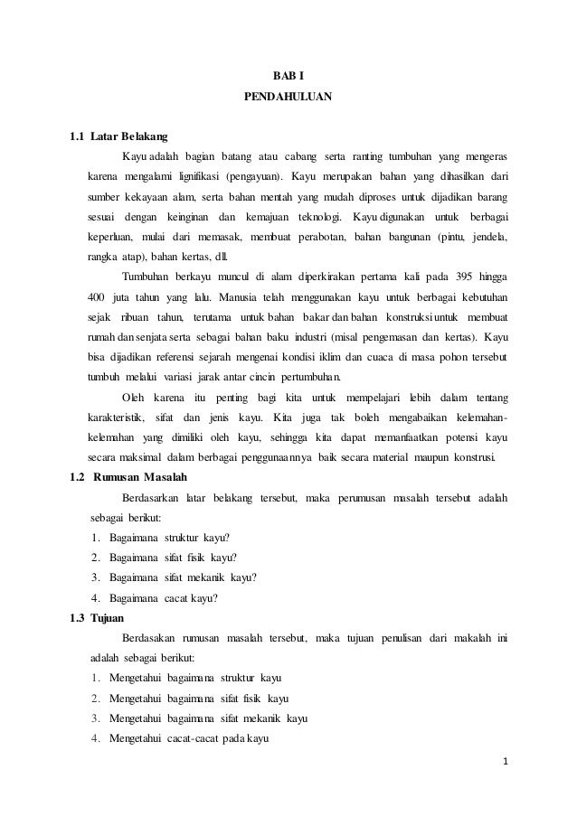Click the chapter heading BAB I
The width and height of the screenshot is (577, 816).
(288, 75)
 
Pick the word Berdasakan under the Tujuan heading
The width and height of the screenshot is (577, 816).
(149, 639)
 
